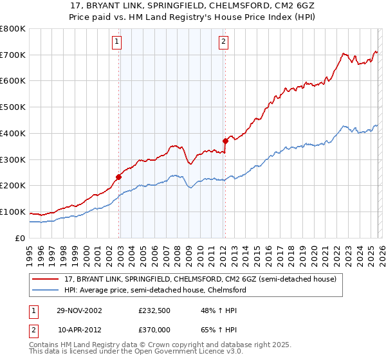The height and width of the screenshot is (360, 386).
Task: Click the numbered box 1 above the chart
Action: pyautogui.click(x=117, y=42)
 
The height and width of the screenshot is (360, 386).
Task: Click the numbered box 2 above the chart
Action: pyautogui.click(x=223, y=42)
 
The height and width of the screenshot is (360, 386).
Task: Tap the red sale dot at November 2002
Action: pyautogui.click(x=119, y=177)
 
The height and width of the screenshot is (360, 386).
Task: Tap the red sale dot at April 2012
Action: pyautogui.click(x=225, y=140)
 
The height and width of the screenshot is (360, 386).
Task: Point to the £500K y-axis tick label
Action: pyautogui.click(x=13, y=107)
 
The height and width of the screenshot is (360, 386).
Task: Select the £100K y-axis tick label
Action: pyautogui.click(x=13, y=212)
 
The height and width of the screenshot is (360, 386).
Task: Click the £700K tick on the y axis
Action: pyautogui.click(x=13, y=55)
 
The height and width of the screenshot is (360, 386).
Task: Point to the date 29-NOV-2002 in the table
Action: pyautogui.click(x=79, y=310)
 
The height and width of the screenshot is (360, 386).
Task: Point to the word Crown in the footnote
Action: pyautogui.click(x=151, y=345)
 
